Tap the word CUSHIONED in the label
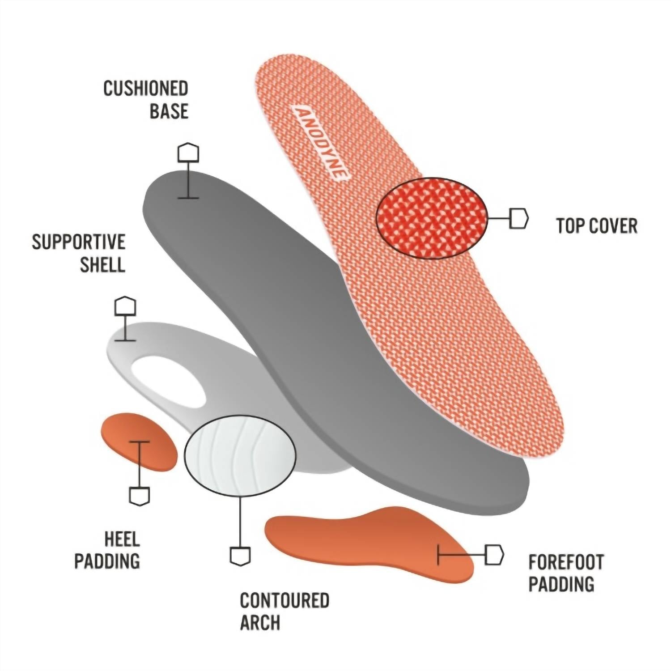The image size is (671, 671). pos(146,89)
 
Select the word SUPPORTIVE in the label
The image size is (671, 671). pos(79,242)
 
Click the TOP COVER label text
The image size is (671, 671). pos(597,226)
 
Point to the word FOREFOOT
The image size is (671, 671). pos(566,562)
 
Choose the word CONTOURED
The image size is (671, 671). pos(285,600)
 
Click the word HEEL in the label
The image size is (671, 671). pos(122,539)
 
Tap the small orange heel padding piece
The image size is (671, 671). pos(139,442)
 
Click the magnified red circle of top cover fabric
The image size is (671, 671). pos(431,218)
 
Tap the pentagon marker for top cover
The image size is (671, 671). pos(519,218)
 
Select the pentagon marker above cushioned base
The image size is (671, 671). pos(188,153)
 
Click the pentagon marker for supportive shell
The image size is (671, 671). pos(125,306)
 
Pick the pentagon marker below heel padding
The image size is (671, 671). pos(139,496)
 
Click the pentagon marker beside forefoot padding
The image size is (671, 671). pos(494,555)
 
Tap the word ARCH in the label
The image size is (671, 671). pos(260,623)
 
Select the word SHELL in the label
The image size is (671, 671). pos(102,265)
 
